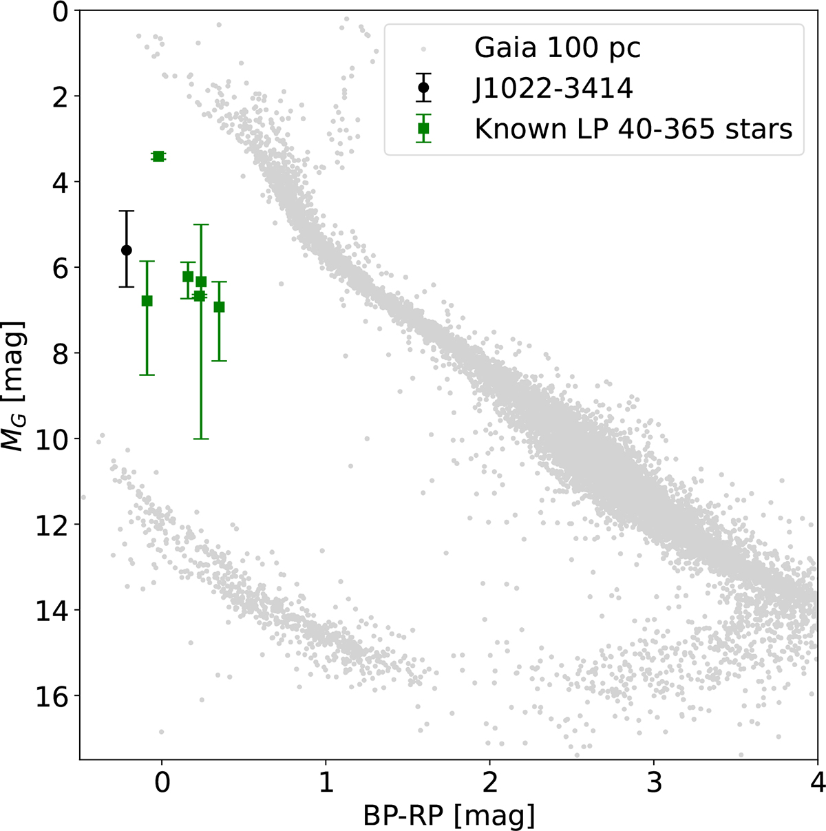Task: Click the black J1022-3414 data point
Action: tap(127, 250)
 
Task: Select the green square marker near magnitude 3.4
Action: tap(158, 156)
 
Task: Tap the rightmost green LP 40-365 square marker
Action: tap(219, 307)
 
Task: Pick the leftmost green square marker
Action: tap(147, 301)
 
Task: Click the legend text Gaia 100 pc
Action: tap(558, 48)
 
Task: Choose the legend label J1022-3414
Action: tap(553, 89)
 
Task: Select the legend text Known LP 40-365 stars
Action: tap(633, 129)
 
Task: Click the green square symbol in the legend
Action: tap(423, 128)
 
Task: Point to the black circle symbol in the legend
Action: tap(423, 87)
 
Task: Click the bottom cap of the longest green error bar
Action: tap(201, 439)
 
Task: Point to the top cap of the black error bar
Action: tap(127, 211)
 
